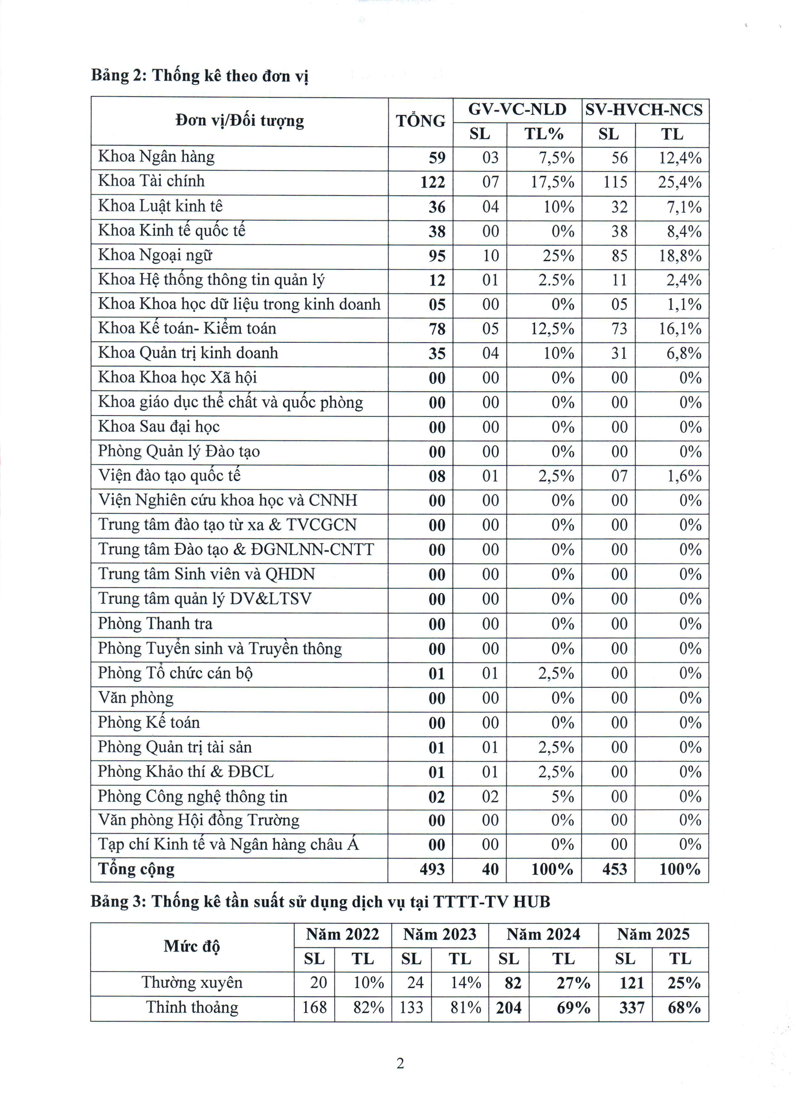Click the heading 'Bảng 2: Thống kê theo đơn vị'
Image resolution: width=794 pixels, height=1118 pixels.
(200, 76)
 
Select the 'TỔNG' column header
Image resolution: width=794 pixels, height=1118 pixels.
(420, 121)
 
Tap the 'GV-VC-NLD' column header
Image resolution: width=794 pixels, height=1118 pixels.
(517, 109)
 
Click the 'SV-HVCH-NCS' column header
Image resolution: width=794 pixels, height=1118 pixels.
(644, 109)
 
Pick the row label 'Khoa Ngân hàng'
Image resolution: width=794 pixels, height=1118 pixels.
(156, 157)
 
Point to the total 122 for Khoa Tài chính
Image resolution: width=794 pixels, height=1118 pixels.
(433, 182)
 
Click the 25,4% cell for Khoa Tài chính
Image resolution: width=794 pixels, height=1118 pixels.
(679, 182)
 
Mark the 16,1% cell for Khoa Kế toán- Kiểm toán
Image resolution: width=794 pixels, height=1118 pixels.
(679, 329)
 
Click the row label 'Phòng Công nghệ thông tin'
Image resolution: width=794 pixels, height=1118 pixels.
(193, 797)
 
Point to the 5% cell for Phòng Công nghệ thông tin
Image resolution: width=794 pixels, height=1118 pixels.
(562, 797)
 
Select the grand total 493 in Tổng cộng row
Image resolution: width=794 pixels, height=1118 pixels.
(432, 869)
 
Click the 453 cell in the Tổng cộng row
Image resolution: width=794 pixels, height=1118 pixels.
(614, 869)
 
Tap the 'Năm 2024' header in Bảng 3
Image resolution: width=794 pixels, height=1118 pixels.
(543, 935)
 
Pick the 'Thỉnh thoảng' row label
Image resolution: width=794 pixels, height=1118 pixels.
(192, 1008)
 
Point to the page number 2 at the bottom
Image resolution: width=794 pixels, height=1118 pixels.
(400, 1063)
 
